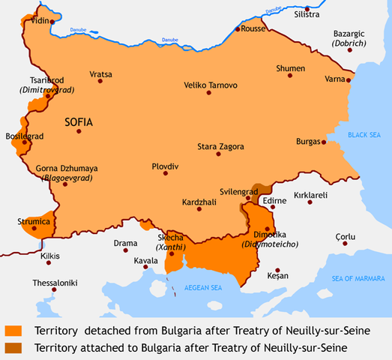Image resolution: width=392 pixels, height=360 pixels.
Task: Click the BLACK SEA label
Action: (x=365, y=134)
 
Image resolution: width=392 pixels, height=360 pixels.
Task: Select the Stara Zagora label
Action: (x=220, y=145)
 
